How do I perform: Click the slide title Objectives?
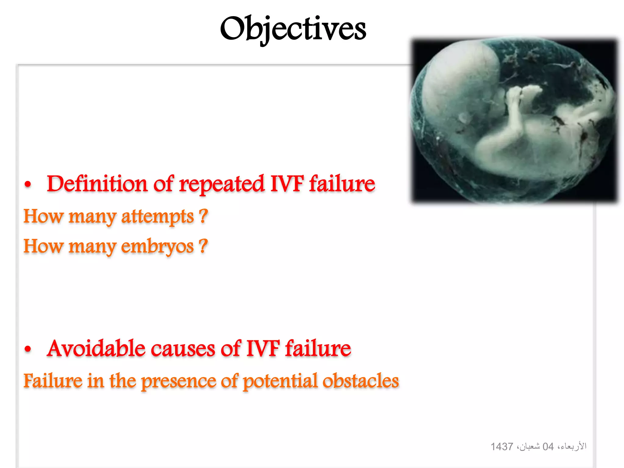click(293, 29)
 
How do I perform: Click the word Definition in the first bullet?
click(97, 184)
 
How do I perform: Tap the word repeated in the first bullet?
click(222, 184)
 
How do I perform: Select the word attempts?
click(157, 217)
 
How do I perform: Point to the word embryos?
click(157, 247)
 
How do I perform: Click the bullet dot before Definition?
click(28, 185)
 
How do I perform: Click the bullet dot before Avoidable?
click(28, 349)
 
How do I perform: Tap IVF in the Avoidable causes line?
click(263, 349)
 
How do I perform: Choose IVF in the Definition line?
click(287, 184)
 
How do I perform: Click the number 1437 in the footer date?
click(502, 447)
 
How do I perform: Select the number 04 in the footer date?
click(548, 447)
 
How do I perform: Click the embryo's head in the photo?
click(463, 82)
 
